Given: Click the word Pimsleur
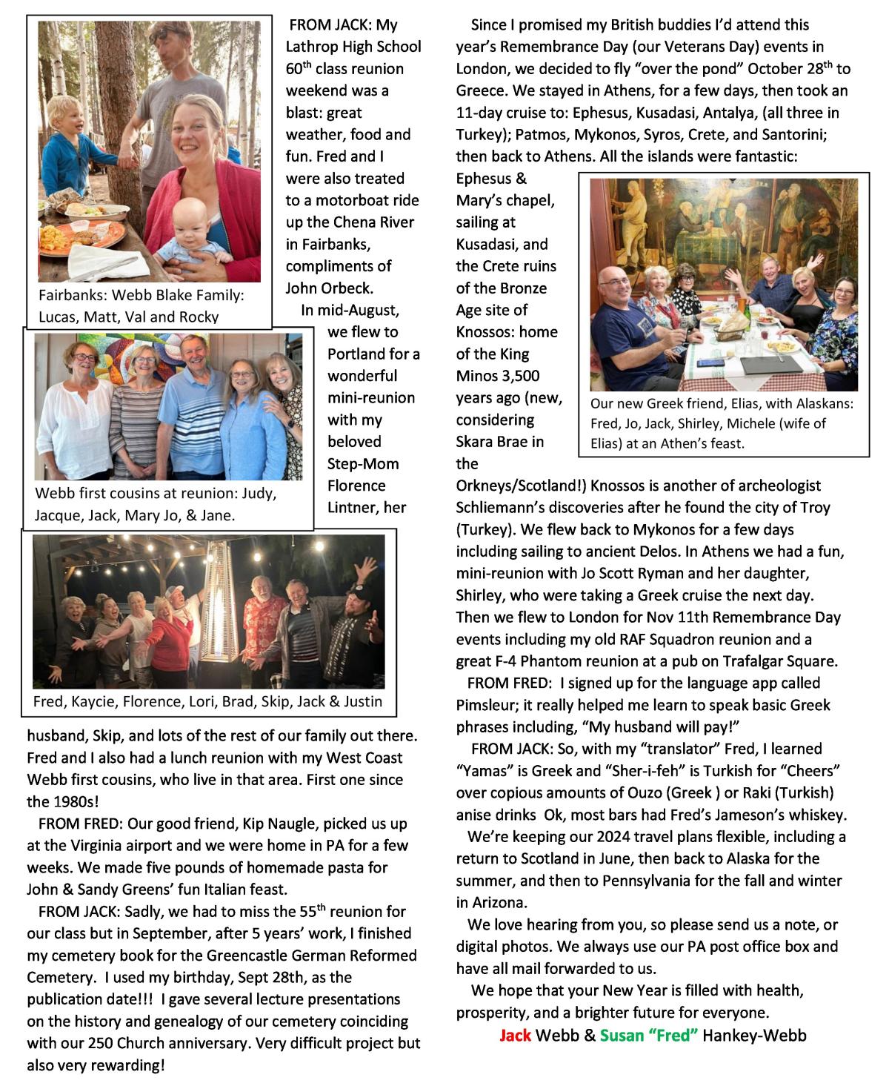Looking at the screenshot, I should pos(488,705).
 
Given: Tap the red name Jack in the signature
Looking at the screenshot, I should pos(515,1035).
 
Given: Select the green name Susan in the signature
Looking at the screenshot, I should pos(621,1035).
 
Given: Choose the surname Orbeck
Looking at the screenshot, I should pos(347,288).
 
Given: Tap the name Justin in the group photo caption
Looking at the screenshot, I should pos(364,701).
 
